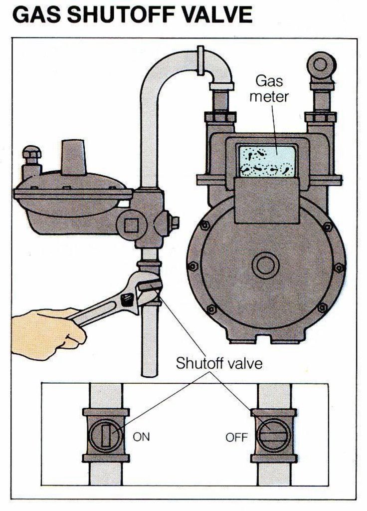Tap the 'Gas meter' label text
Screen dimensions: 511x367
[x=269, y=88]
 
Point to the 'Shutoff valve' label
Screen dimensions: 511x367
[x=218, y=363]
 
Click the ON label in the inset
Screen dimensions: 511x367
[x=141, y=437]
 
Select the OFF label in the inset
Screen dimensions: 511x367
[x=237, y=438]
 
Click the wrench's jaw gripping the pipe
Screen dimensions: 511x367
[x=150, y=292]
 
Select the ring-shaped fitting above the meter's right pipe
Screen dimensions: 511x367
[x=322, y=64]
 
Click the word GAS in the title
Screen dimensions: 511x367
[x=36, y=15]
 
